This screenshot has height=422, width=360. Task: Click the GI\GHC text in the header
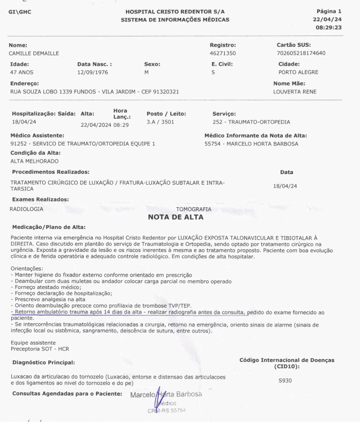pyautogui.click(x=20, y=11)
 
